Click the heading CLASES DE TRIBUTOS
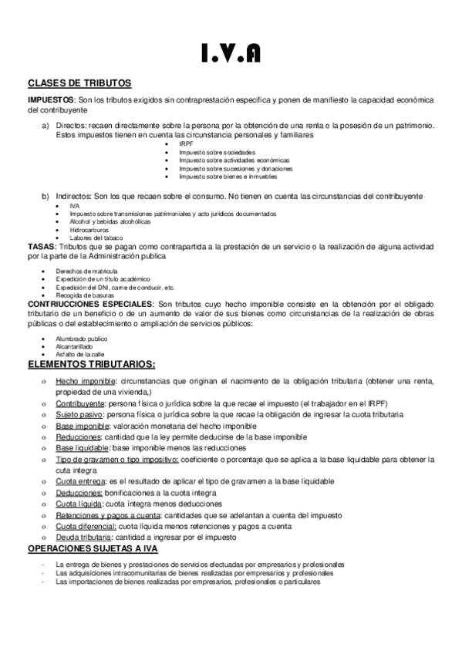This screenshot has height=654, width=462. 79,83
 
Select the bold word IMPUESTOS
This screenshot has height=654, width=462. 50,100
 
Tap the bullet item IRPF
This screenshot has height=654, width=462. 187,143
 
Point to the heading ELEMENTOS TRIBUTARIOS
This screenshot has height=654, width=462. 92,364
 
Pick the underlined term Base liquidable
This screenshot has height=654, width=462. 83,447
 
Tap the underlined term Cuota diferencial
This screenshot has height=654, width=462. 86,526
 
